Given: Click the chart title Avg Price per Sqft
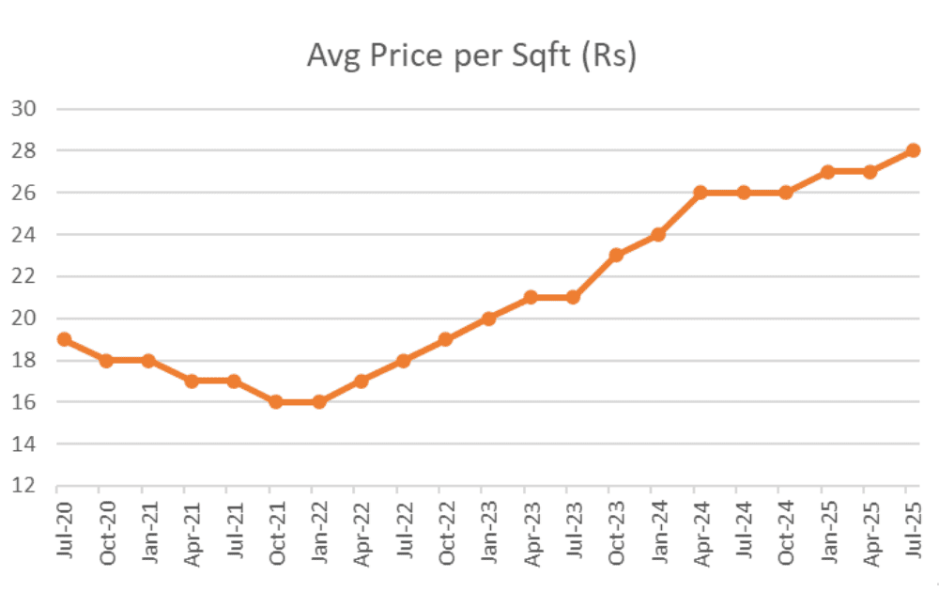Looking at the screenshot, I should click(471, 57).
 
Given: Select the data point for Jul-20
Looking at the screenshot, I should click(64, 339).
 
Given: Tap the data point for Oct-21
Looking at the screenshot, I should click(276, 402).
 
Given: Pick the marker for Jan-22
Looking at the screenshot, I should click(318, 402).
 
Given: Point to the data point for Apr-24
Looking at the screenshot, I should click(700, 193).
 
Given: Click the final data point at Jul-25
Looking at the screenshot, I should click(912, 150).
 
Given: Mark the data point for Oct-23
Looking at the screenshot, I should click(615, 256).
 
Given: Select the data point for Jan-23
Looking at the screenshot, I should click(488, 319).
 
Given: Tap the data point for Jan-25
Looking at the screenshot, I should click(827, 172).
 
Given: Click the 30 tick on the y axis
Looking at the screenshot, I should click(23, 108).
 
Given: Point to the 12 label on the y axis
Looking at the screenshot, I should click(23, 486).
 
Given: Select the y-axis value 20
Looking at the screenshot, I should click(23, 319).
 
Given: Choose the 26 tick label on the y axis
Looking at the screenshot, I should click(23, 193).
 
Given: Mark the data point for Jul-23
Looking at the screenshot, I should click(573, 297).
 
